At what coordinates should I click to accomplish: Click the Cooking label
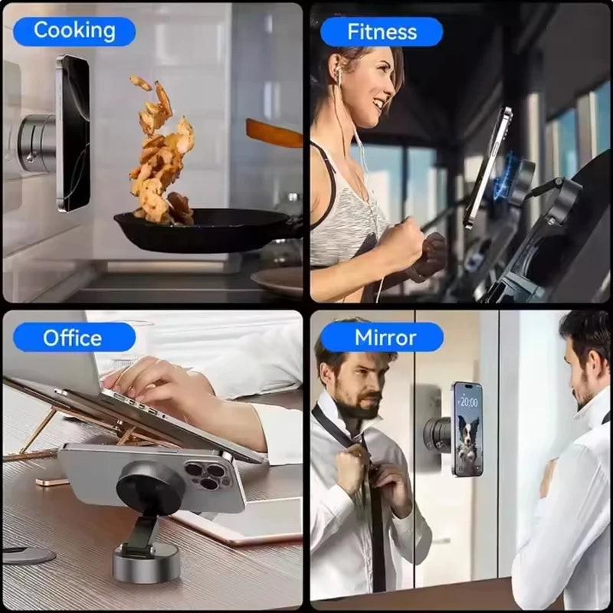(x=74, y=31)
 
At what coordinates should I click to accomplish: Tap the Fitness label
(x=382, y=31)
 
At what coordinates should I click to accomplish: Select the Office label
(x=73, y=337)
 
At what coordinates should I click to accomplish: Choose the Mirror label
(x=381, y=337)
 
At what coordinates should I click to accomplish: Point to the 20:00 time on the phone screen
(x=469, y=402)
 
